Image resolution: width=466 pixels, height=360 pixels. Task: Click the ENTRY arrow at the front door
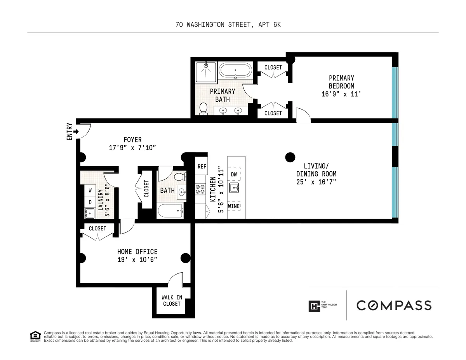77,132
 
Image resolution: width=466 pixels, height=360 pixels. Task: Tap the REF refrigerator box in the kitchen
202,167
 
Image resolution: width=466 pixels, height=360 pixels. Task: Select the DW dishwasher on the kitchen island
234,174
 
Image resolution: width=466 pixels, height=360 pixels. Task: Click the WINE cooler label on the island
234,206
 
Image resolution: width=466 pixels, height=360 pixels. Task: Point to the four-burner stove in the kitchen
200,189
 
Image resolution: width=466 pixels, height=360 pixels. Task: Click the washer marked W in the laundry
90,190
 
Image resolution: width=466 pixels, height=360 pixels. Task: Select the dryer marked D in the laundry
90,202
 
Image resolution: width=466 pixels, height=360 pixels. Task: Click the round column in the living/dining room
290,157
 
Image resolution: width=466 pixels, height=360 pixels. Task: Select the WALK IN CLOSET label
172,301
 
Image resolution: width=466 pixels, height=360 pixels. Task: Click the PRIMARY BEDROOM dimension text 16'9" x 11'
341,94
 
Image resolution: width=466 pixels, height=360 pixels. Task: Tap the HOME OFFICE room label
137,252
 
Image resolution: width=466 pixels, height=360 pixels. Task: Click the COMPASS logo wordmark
394,305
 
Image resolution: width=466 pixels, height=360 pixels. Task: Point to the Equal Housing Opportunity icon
35,336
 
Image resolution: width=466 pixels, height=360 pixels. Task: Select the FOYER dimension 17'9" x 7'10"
132,148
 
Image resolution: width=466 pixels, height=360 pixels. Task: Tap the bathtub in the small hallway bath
170,211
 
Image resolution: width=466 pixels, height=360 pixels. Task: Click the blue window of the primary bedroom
395,92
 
